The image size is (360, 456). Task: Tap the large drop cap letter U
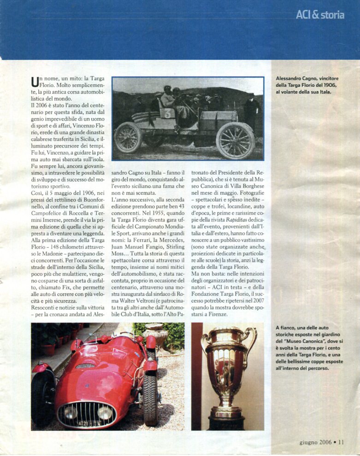point(34,82)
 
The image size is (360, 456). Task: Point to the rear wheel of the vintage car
point(128,137)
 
